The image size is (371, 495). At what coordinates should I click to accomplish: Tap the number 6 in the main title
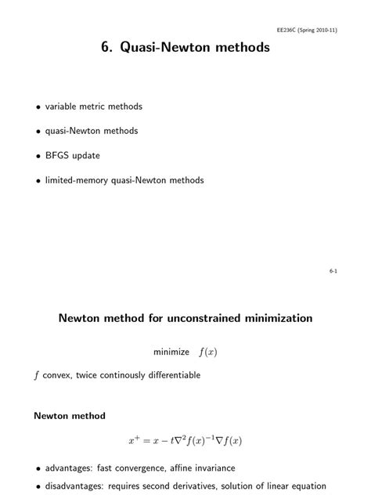click(x=105, y=49)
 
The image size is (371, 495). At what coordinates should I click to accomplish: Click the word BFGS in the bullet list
click(x=56, y=155)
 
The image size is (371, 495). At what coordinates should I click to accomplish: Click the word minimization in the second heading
click(x=271, y=319)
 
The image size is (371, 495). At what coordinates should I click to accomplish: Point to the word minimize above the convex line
click(x=171, y=352)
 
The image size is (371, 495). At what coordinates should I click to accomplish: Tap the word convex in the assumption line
click(x=56, y=375)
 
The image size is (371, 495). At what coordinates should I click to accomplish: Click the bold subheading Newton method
click(x=70, y=415)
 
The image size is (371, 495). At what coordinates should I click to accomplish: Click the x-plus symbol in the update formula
click(x=134, y=440)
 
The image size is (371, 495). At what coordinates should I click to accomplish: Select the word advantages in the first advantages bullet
click(x=68, y=468)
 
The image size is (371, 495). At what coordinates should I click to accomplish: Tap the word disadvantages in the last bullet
click(x=74, y=486)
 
